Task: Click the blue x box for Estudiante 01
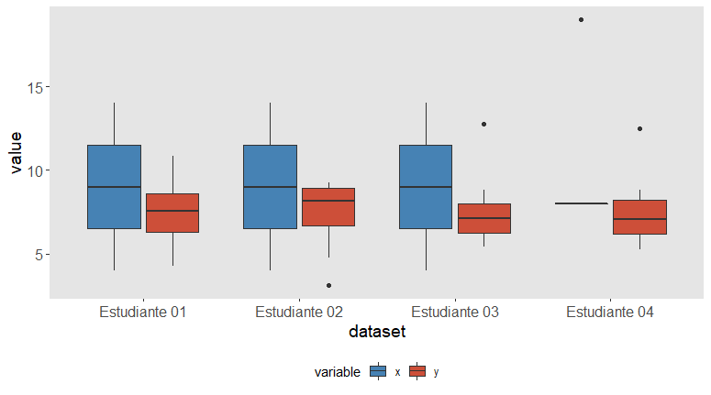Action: click(114, 187)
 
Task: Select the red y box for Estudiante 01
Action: click(172, 213)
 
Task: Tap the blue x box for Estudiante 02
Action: click(270, 187)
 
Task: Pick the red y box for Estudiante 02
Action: click(328, 206)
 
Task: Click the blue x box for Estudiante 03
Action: click(426, 187)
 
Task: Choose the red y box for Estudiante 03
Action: click(484, 218)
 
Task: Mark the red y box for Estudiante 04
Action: click(640, 216)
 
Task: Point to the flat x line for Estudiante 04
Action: click(582, 203)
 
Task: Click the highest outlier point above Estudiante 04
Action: click(582, 19)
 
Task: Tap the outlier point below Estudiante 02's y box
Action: click(328, 285)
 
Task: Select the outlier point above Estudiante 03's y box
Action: click(484, 124)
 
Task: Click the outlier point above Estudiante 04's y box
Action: click(640, 128)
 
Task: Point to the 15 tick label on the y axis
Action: click(35, 87)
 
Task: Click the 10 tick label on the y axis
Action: click(35, 170)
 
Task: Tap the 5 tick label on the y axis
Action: click(39, 254)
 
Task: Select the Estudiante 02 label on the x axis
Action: click(299, 313)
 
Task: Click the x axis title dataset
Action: click(377, 332)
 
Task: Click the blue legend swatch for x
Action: click(377, 371)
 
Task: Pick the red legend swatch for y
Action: click(417, 371)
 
